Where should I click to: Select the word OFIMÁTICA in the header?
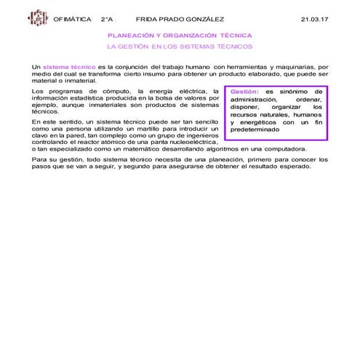[x=73, y=18]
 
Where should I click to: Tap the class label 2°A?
[x=107, y=18]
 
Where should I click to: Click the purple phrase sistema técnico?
[x=69, y=66]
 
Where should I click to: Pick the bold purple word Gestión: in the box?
[x=244, y=92]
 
